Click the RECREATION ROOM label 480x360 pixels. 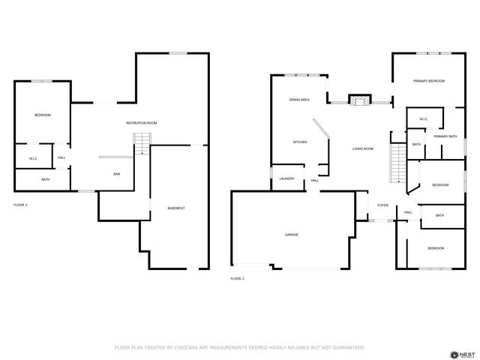(141, 123)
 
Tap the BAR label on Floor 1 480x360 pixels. (117, 174)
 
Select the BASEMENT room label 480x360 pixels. (175, 208)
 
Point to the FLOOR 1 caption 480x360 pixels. (20, 205)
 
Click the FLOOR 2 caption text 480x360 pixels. (237, 278)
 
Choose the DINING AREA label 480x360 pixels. (299, 99)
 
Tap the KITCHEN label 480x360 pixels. (300, 142)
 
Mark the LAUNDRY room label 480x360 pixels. (286, 178)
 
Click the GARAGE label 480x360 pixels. (291, 235)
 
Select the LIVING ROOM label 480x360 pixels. (363, 148)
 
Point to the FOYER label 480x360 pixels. (382, 205)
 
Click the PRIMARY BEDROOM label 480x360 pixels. (429, 81)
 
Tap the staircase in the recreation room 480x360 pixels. (142, 142)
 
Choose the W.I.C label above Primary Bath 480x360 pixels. (423, 118)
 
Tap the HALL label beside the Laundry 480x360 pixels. (315, 180)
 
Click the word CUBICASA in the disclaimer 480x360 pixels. (187, 347)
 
